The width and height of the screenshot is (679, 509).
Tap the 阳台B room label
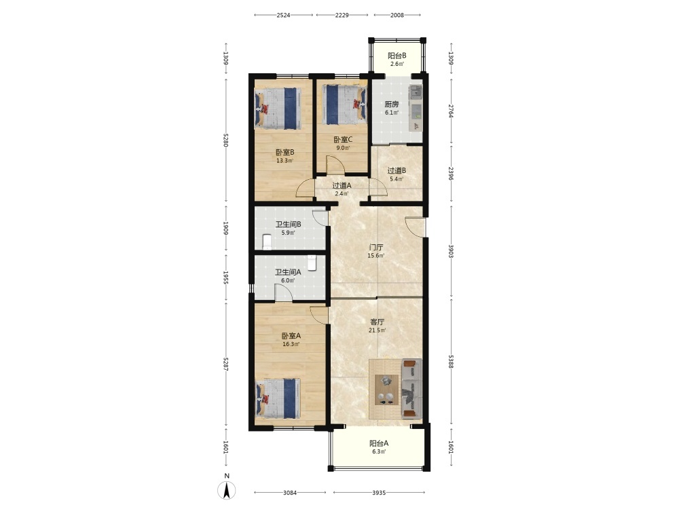coord(397,56)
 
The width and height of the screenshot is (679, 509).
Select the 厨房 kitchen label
coord(392,105)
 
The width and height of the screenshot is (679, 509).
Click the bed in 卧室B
coord(278,109)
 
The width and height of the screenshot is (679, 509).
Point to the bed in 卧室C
coord(342,105)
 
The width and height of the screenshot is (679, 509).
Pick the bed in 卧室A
coord(278,398)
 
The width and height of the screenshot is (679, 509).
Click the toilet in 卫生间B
coord(267,242)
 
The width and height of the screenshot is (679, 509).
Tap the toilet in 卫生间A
coord(312,263)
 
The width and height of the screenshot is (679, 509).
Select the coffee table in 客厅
coord(386,390)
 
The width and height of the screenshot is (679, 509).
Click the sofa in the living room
coord(411,389)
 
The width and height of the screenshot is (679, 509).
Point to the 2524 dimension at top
coord(283,15)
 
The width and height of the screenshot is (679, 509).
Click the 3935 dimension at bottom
coord(379,493)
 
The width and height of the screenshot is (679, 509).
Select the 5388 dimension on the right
coord(451,362)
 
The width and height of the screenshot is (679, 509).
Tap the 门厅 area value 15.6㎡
coord(375,256)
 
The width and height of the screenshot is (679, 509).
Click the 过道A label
coord(342,185)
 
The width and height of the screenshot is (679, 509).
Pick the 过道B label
coord(397,170)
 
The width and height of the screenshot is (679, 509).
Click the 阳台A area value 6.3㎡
coord(379,451)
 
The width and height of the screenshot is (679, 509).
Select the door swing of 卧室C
coord(335,164)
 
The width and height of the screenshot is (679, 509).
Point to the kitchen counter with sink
coord(416,108)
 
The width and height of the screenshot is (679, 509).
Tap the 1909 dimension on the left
coord(225,228)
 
